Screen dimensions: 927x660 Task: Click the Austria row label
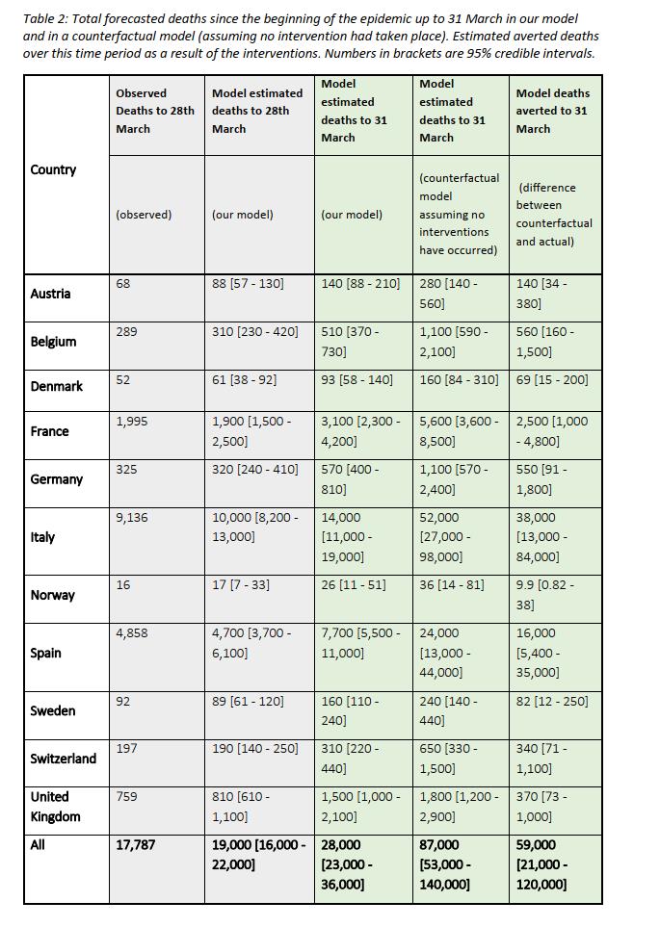coord(50,294)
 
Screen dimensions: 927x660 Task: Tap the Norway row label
coord(52,595)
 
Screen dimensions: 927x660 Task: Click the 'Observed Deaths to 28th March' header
coord(154,111)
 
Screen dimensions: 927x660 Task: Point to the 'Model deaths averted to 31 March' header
coord(553,111)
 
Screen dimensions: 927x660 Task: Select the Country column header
coord(53,169)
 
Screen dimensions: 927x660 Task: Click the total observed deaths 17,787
coord(136,845)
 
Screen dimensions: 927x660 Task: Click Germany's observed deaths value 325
coord(126,470)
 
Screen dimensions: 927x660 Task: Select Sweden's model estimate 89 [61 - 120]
coord(248,701)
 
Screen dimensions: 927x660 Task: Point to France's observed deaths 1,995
coord(131,422)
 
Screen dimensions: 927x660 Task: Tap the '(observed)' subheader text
coord(144,215)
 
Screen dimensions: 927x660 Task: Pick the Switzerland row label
coord(63,759)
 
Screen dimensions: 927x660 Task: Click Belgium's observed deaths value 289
coord(126,331)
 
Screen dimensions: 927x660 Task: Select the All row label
coord(38,845)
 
